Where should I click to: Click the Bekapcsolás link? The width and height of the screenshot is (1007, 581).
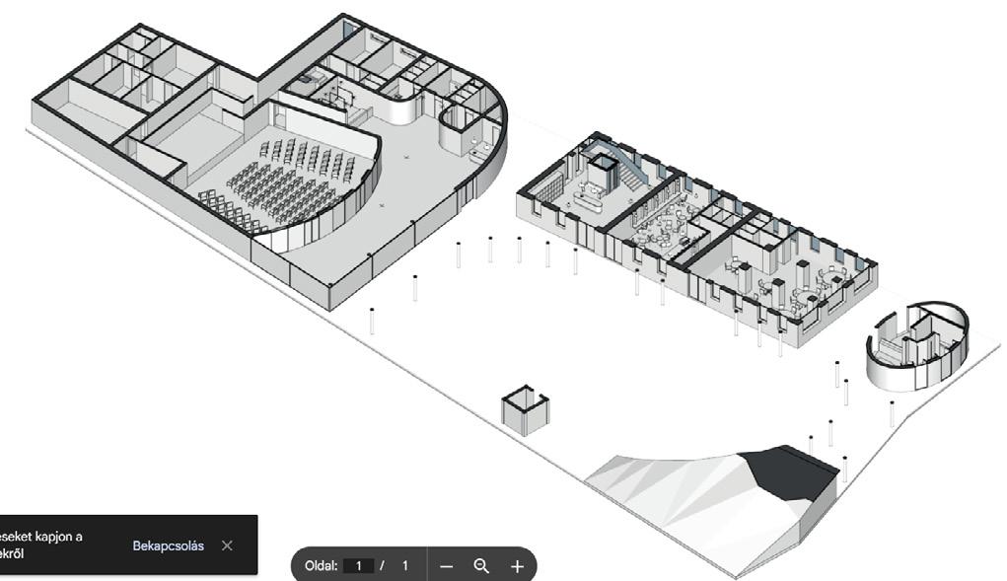(169, 545)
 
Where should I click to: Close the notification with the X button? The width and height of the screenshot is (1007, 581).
(228, 545)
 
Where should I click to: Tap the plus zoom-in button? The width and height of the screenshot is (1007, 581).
(517, 566)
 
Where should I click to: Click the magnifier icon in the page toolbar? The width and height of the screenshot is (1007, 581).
(481, 566)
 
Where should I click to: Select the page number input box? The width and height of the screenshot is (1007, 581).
(360, 566)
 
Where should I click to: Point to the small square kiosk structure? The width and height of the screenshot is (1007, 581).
(524, 409)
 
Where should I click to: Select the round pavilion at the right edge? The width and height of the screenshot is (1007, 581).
(917, 343)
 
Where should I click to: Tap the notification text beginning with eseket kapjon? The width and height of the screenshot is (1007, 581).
(39, 545)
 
